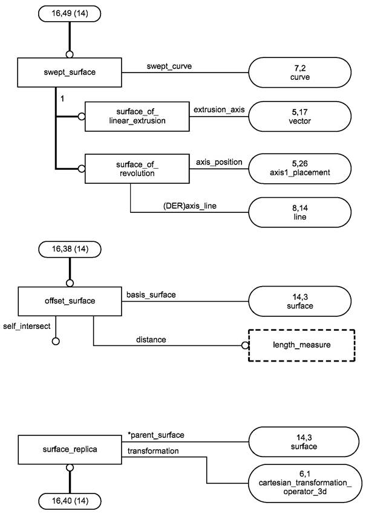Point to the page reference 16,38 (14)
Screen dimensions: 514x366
70,248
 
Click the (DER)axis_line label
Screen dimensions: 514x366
190,206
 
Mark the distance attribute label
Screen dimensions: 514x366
151,340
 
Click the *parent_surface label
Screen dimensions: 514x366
156,435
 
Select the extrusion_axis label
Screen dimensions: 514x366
218,109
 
